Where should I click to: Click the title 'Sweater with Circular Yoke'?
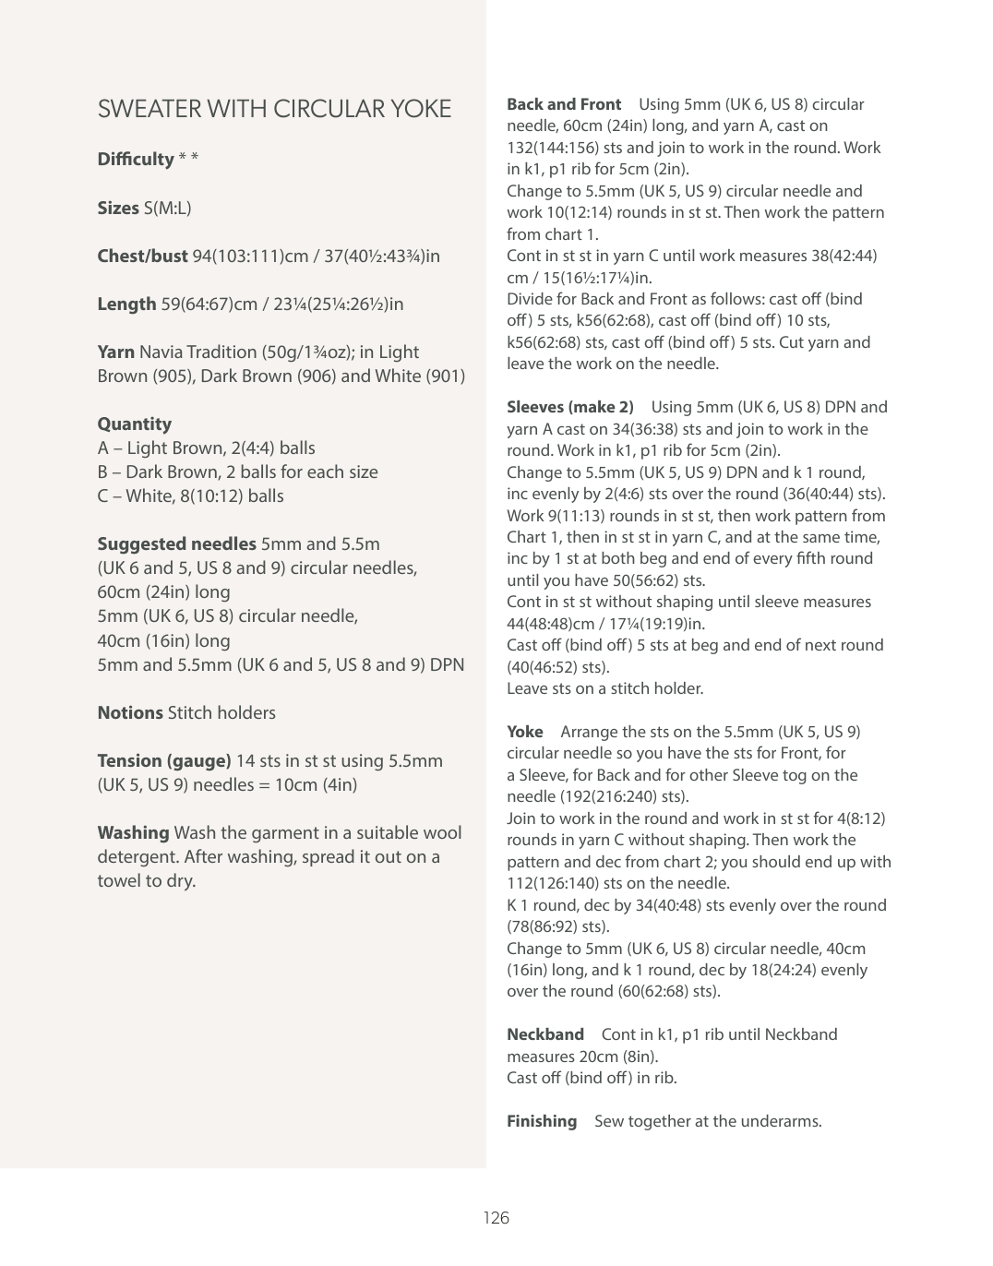click(x=274, y=109)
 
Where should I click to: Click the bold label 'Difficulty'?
click(x=136, y=160)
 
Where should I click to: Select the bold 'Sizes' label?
click(x=118, y=209)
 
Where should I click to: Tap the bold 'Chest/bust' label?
click(x=142, y=257)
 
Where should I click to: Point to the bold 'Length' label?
click(x=126, y=305)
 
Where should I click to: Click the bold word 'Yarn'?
click(x=116, y=352)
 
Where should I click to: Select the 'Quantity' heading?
click(x=135, y=424)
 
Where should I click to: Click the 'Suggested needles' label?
click(x=176, y=544)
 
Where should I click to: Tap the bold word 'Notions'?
click(x=130, y=713)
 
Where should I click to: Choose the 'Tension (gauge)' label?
click(x=164, y=761)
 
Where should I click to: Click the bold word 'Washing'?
click(x=133, y=833)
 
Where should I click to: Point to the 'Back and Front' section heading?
click(x=564, y=104)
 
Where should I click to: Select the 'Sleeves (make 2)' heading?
click(x=570, y=407)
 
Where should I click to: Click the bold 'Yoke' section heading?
click(x=525, y=732)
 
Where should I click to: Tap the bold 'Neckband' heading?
click(x=545, y=1034)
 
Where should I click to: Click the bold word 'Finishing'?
click(x=542, y=1121)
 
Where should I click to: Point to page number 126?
click(x=496, y=1218)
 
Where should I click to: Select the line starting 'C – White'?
click(x=190, y=496)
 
